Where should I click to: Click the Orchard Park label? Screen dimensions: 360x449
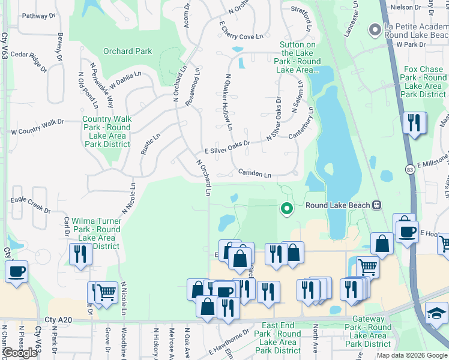tap(127, 51)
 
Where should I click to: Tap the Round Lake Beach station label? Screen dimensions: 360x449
tap(340, 205)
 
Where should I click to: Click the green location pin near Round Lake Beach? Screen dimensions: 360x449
tap(287, 208)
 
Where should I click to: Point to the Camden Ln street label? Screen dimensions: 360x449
tap(255, 173)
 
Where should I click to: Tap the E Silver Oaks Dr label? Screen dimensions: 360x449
tap(227, 148)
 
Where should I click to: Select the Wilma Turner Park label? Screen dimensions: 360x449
tap(96, 233)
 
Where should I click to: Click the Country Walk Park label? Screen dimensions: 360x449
tap(107, 131)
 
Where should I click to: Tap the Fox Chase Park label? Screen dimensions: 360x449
tap(424, 82)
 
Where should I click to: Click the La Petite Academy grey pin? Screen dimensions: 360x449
tap(375, 29)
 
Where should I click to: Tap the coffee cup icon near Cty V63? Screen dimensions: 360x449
tap(17, 271)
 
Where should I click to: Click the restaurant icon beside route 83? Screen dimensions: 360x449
tap(414, 123)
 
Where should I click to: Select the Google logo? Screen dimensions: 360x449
tap(20, 352)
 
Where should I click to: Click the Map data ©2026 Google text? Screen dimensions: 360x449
tap(411, 355)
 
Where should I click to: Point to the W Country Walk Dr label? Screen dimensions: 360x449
tap(37, 127)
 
